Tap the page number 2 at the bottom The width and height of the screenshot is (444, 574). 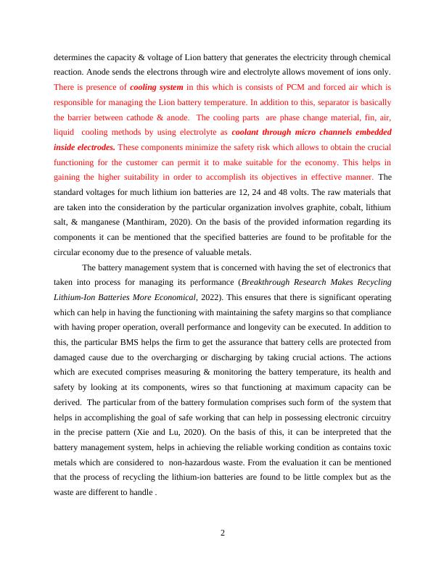(223, 534)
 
